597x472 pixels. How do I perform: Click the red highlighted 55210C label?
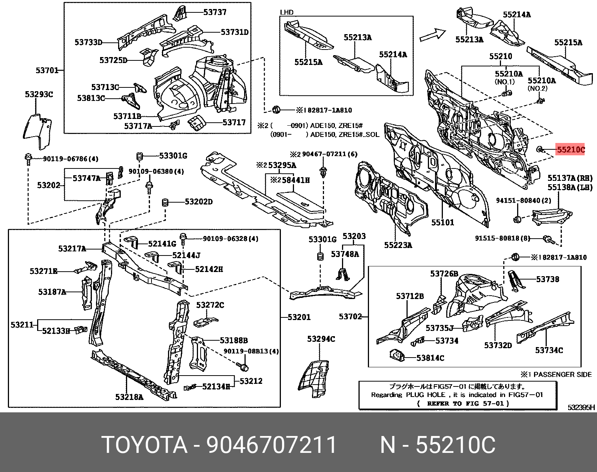coord(571,150)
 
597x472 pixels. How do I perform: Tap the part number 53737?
coord(215,12)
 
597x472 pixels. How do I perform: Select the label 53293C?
coord(39,95)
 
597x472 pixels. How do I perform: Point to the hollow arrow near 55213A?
coord(432,35)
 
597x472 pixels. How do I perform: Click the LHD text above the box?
coord(286,12)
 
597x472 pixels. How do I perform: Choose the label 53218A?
coord(129,397)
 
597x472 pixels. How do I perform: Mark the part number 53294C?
coord(321,339)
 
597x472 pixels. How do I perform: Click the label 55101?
coord(443,222)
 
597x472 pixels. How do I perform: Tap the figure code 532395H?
coord(582,407)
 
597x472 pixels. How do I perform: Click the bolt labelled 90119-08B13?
coord(243,367)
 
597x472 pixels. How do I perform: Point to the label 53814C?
coord(430,358)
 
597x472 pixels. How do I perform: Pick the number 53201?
coord(299,317)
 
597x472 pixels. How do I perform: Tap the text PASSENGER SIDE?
coord(562,374)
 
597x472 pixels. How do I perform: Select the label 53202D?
coord(199,201)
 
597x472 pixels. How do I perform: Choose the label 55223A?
coord(398,245)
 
